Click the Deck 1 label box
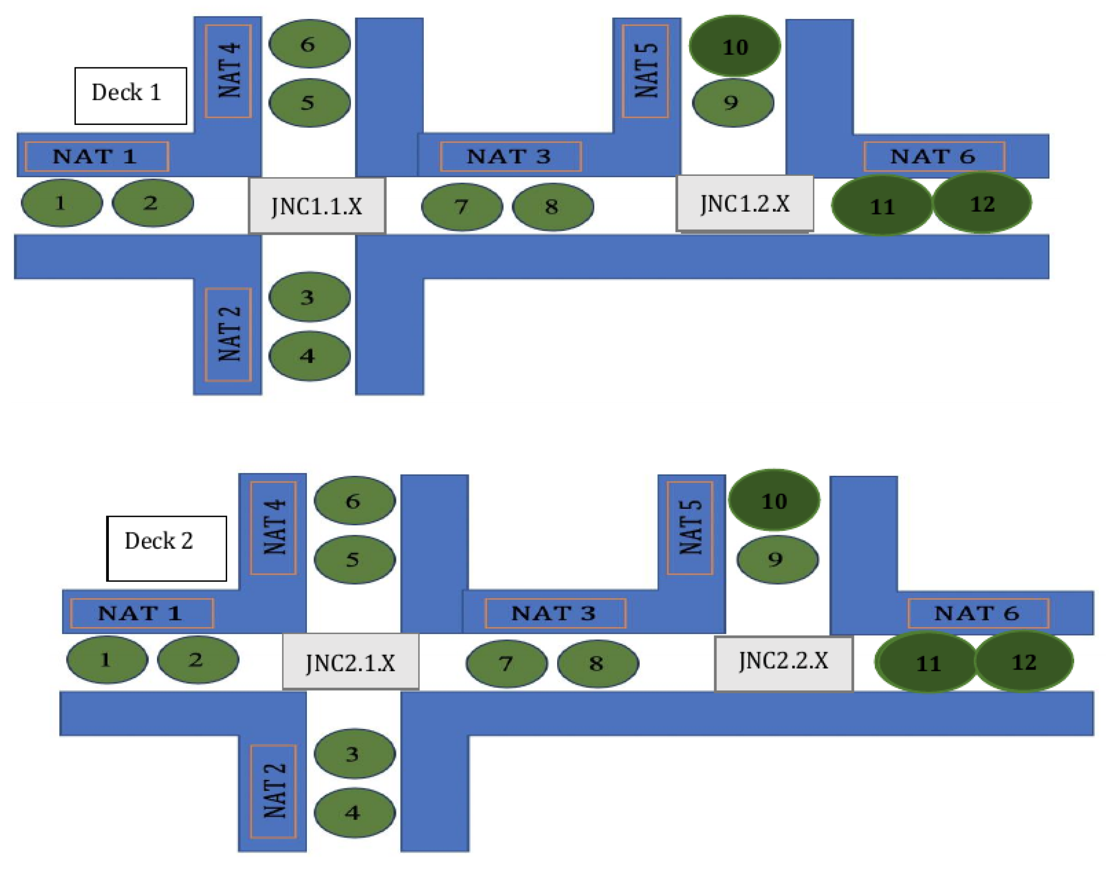pyautogui.click(x=131, y=96)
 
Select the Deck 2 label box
pyautogui.click(x=166, y=548)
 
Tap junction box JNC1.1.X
pyautogui.click(x=317, y=206)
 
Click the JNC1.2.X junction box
pyautogui.click(x=744, y=204)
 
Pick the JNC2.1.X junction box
pyautogui.click(x=351, y=662)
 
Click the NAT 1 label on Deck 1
pyautogui.click(x=97, y=156)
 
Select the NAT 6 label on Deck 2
pyautogui.click(x=978, y=613)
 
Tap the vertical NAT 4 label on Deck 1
pyautogui.click(x=228, y=71)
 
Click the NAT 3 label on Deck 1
pyautogui.click(x=510, y=156)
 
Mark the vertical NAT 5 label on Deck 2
pyautogui.click(x=690, y=528)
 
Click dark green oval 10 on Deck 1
pyautogui.click(x=735, y=46)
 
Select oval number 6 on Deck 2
pyautogui.click(x=354, y=501)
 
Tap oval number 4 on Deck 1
pyautogui.click(x=309, y=356)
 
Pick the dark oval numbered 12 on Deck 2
pyautogui.click(x=1024, y=662)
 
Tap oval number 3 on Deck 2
pyautogui.click(x=354, y=753)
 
